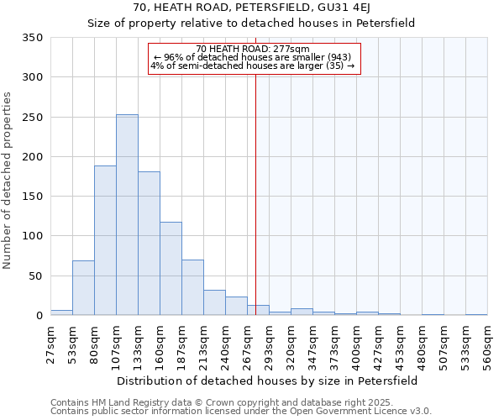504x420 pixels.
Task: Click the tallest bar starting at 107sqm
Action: pos(127,215)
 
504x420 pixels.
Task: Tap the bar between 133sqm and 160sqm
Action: pos(149,244)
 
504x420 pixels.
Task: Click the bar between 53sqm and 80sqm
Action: pos(83,288)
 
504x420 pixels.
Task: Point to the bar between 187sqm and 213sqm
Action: pos(192,287)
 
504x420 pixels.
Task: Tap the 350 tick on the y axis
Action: pos(34,38)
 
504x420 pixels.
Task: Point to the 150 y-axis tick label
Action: pos(34,197)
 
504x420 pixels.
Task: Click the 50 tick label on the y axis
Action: pos(36,276)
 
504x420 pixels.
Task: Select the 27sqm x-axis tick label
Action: pos(51,345)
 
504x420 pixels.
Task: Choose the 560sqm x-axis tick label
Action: pos(488,345)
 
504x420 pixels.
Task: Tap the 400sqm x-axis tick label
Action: pos(357,345)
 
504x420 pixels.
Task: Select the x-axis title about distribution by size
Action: pos(267,381)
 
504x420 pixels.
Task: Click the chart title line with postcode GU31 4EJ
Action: pos(251,7)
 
